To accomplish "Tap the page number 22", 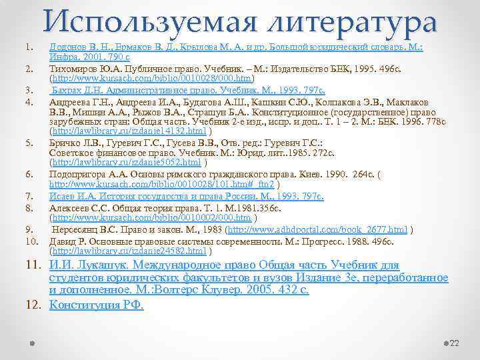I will tap(455, 343).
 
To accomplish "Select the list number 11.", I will tap(33, 265).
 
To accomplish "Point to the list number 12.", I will tap(33, 305).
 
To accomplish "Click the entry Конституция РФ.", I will tap(97, 305).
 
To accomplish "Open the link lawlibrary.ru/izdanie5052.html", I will tap(126, 162).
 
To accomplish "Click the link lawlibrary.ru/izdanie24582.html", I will tap(128, 251).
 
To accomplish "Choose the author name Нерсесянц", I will tap(77, 229).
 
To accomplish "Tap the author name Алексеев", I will tap(71, 207).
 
